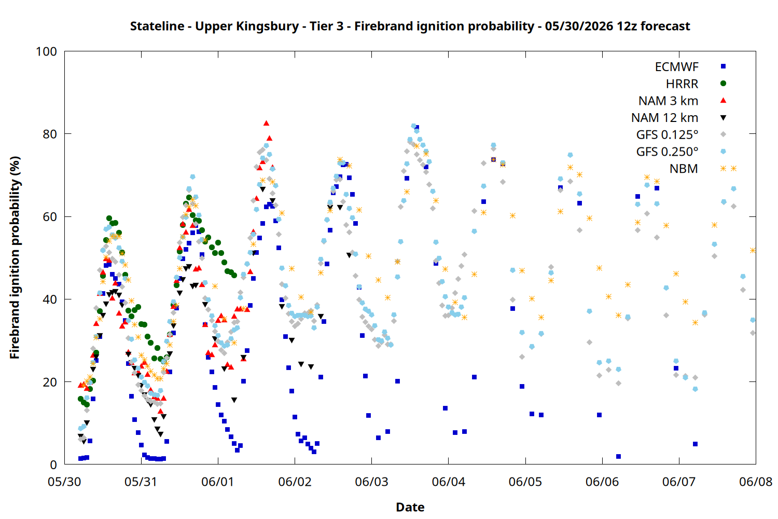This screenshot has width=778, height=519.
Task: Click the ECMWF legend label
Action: point(676,67)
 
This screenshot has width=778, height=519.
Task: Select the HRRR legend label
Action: point(682,84)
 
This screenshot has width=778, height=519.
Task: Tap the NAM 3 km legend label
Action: point(668,101)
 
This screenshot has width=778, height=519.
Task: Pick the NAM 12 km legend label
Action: point(665,118)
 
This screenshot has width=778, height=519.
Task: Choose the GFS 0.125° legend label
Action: point(667,134)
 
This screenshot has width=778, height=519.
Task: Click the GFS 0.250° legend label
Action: point(667,152)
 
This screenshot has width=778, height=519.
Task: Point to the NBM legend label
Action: point(684,169)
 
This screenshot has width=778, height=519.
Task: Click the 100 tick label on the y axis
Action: point(47,51)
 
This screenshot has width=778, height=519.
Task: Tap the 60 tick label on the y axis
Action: point(50,216)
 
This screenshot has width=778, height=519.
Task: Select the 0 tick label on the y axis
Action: point(53,465)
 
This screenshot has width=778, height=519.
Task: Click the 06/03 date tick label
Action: point(372,482)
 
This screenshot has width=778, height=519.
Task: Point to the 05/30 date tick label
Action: point(65,482)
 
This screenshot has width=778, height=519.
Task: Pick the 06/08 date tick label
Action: point(756,482)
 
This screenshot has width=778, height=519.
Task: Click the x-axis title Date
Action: point(410,507)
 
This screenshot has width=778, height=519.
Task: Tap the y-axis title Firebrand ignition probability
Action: point(15,257)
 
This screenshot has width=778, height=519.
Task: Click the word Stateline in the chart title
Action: point(157,26)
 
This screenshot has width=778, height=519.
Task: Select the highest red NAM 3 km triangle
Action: point(267,123)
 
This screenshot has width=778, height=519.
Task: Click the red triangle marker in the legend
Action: point(723,101)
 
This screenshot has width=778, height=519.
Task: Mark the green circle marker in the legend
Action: point(723,84)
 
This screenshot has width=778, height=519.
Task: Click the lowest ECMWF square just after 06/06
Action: point(618,456)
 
